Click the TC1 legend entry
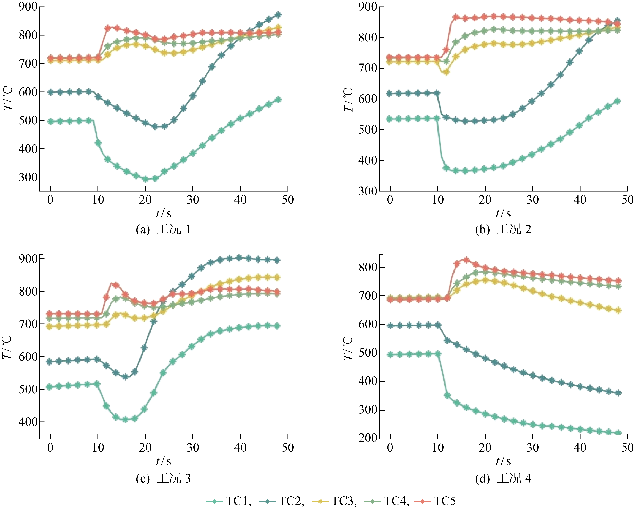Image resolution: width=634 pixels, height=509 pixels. click(229, 501)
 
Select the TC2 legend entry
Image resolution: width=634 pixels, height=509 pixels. click(282, 501)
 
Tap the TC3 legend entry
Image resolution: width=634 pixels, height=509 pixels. click(334, 501)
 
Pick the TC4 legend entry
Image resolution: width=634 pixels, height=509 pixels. click(387, 501)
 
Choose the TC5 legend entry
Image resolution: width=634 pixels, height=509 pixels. click(435, 501)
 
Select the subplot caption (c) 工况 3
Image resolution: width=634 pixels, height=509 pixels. click(163, 478)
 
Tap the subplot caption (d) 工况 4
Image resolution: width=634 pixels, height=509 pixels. click(503, 478)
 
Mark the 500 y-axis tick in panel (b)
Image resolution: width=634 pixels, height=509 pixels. click(368, 130)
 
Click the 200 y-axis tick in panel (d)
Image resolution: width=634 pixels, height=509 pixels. click(368, 438)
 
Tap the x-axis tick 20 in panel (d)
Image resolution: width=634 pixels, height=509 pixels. click(485, 448)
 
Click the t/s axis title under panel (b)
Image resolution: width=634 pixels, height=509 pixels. click(503, 213)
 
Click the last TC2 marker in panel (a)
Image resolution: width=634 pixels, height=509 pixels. click(278, 14)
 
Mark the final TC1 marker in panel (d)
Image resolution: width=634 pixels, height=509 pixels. click(618, 433)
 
